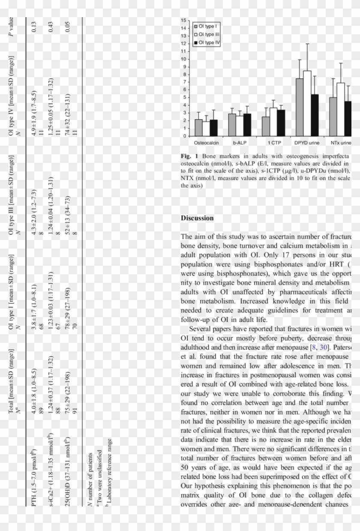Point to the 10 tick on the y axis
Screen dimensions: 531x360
pyautogui.click(x=184, y=59)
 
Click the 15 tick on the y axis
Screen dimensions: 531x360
pyautogui.click(x=184, y=21)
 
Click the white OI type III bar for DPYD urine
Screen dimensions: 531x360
pyautogui.click(x=307, y=103)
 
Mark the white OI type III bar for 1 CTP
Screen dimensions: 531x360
pyautogui.click(x=273, y=122)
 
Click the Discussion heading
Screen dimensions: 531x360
pyautogui.click(x=197, y=218)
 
